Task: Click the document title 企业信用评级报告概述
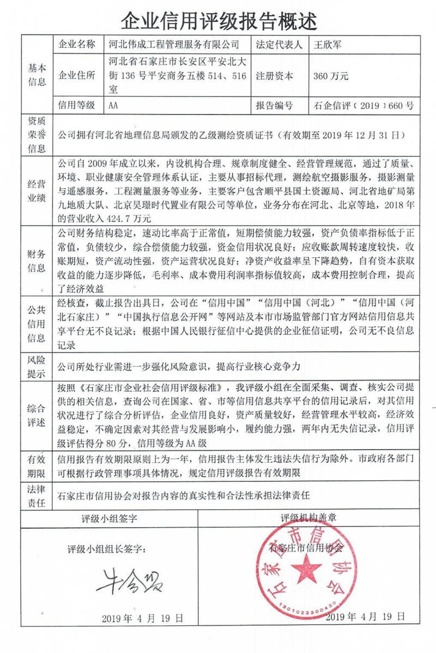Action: tap(218, 21)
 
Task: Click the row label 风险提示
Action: tap(37, 367)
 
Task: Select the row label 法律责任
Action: tap(37, 495)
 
